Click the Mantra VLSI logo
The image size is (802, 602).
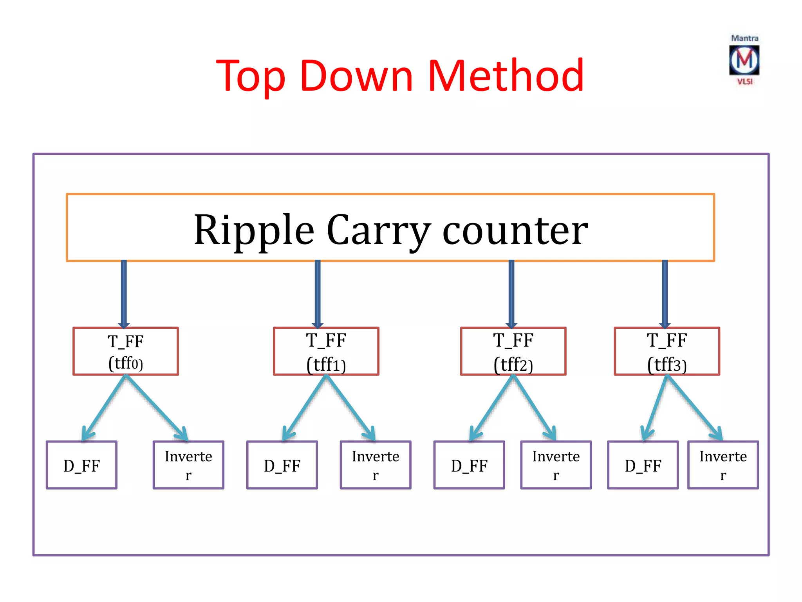[x=744, y=60]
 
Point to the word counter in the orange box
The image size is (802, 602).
[x=515, y=231]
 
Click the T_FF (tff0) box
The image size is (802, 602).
[x=126, y=352]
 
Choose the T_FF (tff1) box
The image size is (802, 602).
[x=326, y=352]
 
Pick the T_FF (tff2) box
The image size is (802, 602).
[x=513, y=352]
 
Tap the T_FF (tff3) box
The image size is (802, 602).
[x=667, y=352]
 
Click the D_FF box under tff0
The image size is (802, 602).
[x=81, y=465]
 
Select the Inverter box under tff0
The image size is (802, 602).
[x=188, y=465]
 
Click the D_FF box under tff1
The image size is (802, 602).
[x=282, y=465]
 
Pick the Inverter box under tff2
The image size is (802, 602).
[x=556, y=465]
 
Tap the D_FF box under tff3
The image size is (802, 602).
[x=643, y=465]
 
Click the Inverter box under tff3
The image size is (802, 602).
[x=723, y=465]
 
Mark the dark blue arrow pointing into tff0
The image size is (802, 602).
[x=124, y=294]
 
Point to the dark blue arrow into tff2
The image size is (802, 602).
[x=511, y=294]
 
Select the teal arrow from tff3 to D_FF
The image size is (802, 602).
[x=655, y=408]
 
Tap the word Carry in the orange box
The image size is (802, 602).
[x=379, y=231]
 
